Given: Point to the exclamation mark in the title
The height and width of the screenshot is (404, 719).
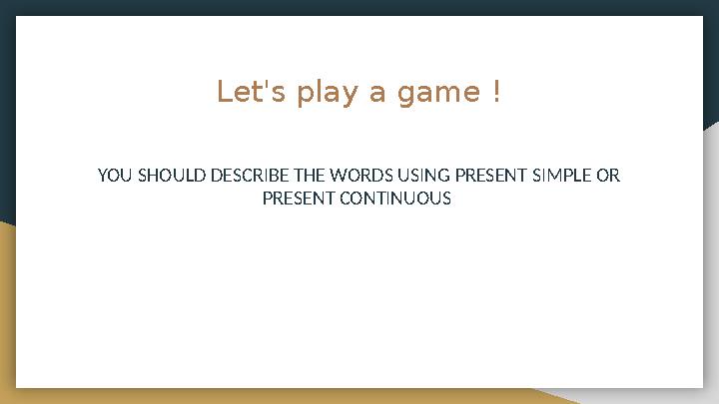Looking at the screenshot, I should [x=496, y=93].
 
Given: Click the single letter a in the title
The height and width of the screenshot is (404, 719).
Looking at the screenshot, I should [x=377, y=95].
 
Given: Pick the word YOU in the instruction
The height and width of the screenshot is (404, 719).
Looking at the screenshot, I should [x=114, y=177].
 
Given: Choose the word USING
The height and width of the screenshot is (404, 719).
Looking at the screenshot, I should [x=425, y=177].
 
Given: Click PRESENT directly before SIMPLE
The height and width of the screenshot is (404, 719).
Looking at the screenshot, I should [x=490, y=177].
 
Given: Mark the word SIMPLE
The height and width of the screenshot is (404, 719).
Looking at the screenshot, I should [x=561, y=177].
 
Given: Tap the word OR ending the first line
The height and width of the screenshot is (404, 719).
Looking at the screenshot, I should [x=608, y=177].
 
